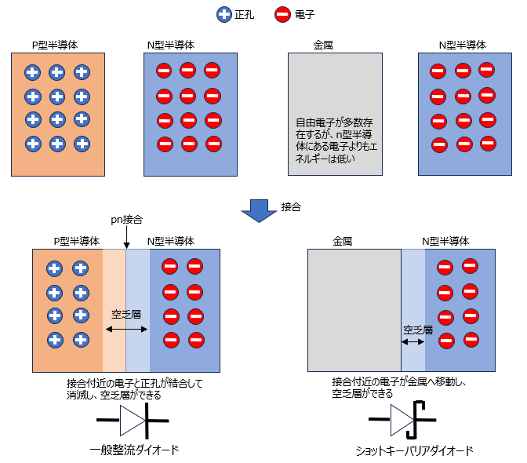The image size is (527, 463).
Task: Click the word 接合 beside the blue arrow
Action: (291, 207)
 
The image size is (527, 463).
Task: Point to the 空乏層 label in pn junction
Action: (125, 314)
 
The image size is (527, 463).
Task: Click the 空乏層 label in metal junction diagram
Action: (418, 330)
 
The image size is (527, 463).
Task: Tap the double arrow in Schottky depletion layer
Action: (413, 341)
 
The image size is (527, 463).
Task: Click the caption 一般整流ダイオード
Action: (134, 450)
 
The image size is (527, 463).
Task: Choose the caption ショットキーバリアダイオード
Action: (415, 451)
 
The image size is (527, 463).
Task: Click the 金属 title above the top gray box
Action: (323, 45)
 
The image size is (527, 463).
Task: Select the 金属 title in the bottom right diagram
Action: (343, 241)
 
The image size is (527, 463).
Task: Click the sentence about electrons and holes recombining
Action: (134, 389)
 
